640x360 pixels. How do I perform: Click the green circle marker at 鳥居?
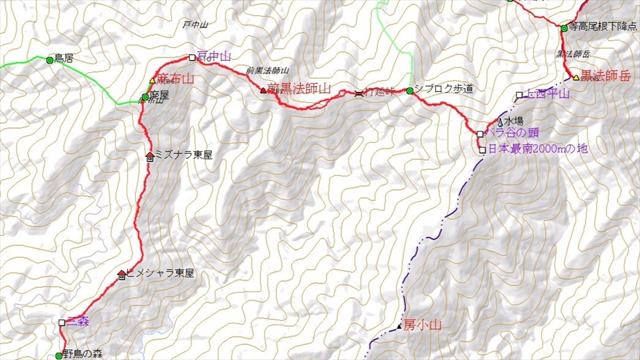pos(49,60)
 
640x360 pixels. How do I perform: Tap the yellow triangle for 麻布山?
pos(152,80)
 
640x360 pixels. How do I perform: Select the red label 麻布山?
pos(175,79)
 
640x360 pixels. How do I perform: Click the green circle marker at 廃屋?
pos(145,97)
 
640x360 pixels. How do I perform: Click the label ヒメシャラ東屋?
pos(160,273)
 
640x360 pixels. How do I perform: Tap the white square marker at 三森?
pos(62,323)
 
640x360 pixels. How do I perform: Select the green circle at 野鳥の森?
pos(59,356)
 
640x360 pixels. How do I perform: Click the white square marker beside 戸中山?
pos(192,57)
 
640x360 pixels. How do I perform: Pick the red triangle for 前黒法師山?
pos(263,89)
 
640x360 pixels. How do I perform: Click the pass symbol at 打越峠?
pos(359,93)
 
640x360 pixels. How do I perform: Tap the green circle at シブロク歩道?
pos(409,91)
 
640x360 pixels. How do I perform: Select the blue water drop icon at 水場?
pos(500,123)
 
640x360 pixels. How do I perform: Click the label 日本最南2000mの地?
pos(537,150)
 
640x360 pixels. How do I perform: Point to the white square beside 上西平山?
pos(519,95)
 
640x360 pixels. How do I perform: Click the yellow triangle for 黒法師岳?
pos(576,77)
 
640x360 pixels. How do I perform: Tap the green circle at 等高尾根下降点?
pos(563,28)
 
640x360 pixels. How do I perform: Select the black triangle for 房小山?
pos(399,326)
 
